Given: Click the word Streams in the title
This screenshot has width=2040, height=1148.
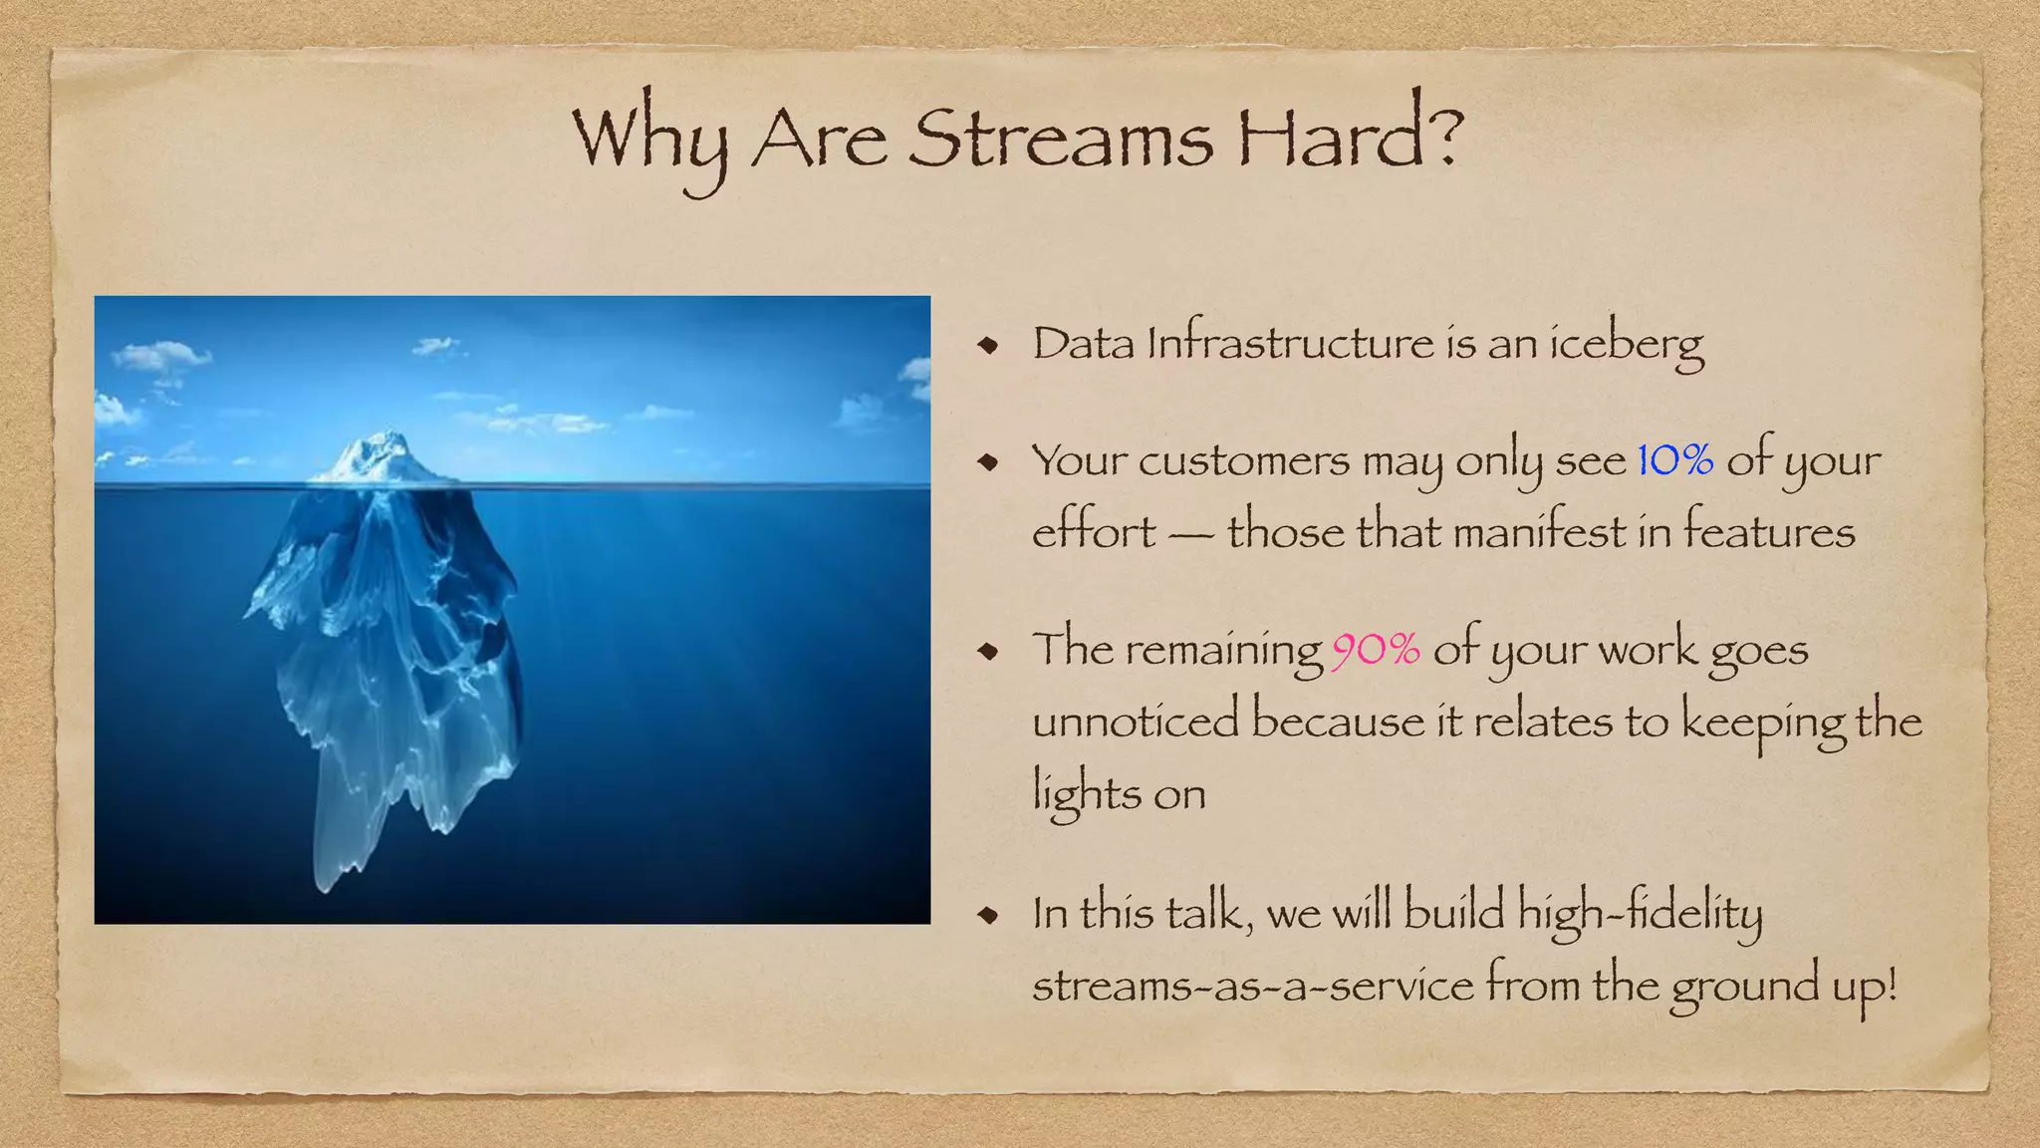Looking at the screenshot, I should point(1060,140).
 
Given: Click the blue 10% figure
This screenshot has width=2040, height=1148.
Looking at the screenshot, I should point(1675,460).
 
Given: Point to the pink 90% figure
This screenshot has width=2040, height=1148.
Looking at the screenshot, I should point(1376,650).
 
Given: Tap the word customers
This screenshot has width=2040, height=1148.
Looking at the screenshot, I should point(1245,461).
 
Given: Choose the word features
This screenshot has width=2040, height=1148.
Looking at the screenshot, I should point(1769,531).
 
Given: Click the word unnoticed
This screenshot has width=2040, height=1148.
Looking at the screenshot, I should point(1136,720).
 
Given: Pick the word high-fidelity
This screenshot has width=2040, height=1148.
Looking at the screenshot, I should point(1640,914).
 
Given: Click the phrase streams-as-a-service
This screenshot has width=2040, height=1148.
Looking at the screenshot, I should point(1252,986).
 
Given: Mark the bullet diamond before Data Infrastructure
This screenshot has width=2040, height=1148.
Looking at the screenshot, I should point(988,346).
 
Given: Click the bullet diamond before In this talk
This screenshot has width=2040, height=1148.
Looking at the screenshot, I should point(988,915).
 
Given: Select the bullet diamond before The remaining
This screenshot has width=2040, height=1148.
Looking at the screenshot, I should point(988,652).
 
